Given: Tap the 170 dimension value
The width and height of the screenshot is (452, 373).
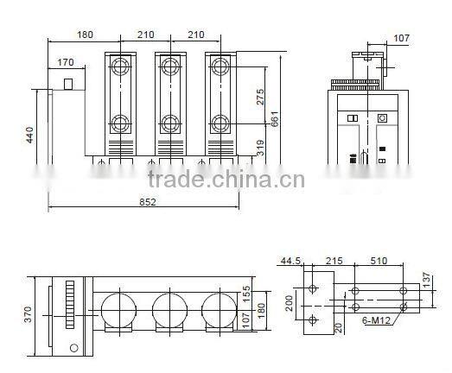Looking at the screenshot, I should (x=66, y=62).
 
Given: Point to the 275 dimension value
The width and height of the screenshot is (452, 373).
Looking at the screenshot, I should (x=261, y=97).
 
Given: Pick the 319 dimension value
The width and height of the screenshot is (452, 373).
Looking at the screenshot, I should (x=261, y=148).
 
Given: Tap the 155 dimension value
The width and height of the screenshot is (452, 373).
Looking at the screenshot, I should (x=245, y=294).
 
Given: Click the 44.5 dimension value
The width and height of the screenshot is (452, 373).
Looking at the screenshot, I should (x=291, y=260).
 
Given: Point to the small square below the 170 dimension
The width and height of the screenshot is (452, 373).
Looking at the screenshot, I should (x=68, y=84).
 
